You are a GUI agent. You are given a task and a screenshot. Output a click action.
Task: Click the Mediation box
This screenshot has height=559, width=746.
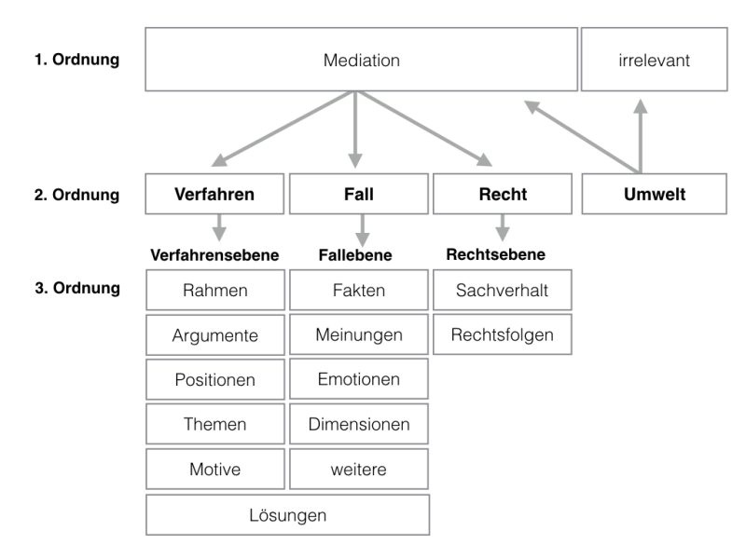[x=361, y=60]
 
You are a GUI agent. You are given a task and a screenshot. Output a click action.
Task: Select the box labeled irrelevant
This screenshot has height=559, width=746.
[x=655, y=60]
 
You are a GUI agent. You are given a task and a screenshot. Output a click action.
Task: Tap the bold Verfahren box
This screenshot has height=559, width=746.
[x=214, y=194]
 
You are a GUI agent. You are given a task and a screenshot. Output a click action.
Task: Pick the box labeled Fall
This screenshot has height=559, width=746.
[x=359, y=194]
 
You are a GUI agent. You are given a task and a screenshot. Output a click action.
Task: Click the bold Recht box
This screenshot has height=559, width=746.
[x=503, y=194]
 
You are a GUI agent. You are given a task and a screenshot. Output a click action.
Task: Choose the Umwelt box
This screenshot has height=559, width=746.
[x=655, y=194]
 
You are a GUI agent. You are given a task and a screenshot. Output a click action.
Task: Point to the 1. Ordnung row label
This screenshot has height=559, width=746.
[x=76, y=60]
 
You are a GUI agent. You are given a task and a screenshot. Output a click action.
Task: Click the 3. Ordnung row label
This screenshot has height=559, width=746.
[x=77, y=288]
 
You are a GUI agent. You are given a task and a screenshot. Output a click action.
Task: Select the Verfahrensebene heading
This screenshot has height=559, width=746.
[x=214, y=254]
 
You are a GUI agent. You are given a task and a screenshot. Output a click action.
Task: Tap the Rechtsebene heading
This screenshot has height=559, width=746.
[x=496, y=254]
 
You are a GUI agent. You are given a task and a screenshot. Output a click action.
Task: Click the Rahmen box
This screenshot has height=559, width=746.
[x=215, y=290]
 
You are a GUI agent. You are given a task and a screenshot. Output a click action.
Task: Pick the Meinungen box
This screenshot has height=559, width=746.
[x=359, y=334]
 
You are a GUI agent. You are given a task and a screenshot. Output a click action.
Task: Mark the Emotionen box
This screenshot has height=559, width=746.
[x=359, y=379]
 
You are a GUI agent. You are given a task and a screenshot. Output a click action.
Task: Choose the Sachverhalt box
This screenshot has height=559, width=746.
[x=503, y=290]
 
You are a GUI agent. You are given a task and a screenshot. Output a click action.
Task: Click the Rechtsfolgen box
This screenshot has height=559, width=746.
[x=503, y=334]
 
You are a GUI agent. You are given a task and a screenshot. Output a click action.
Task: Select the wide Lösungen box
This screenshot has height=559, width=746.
[x=288, y=515]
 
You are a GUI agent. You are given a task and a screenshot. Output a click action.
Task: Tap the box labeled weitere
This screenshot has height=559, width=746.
[x=359, y=470]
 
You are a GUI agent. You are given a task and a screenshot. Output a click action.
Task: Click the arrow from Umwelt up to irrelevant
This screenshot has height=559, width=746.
[x=641, y=136]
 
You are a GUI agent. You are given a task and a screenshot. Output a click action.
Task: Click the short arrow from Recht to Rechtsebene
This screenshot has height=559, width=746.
[x=503, y=227]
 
